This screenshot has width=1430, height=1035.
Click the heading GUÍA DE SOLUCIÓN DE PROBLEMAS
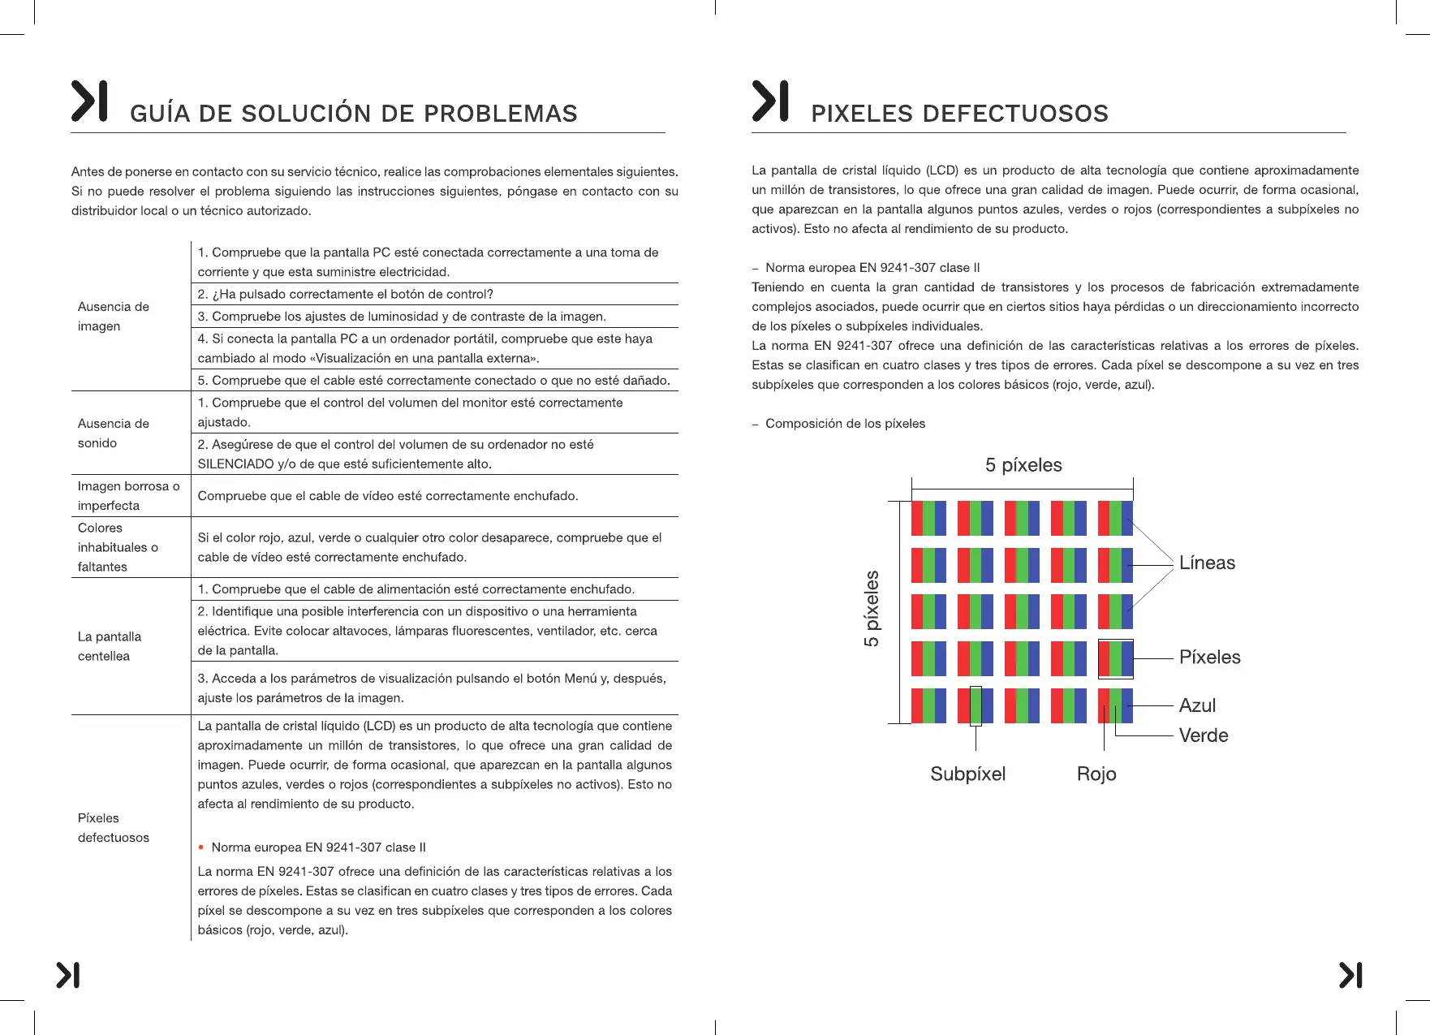point(353,114)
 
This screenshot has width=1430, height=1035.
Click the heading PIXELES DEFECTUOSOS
point(959,114)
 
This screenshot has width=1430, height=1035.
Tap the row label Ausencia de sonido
point(114,433)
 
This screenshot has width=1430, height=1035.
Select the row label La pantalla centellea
point(110,646)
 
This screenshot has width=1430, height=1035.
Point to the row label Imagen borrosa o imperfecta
point(128,496)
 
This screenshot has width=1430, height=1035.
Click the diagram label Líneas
point(1207,563)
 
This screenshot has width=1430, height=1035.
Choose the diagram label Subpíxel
point(967,774)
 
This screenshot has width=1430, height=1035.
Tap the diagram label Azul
point(1197,706)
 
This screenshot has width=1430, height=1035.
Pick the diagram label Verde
point(1203,735)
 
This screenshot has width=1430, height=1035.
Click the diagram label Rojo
point(1096,774)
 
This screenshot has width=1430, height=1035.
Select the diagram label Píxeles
point(1209,658)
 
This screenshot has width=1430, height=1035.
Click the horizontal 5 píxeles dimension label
point(1023,465)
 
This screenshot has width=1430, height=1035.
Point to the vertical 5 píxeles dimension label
point(872,609)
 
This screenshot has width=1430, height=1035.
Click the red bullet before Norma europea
point(201,847)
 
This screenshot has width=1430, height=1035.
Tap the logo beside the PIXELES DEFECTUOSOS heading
point(769,101)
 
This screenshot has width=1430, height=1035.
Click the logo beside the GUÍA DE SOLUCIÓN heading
point(89,101)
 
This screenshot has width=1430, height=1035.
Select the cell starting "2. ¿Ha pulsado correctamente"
point(345,294)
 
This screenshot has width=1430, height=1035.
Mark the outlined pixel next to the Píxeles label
point(1115,659)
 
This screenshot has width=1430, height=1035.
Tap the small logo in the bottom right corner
point(1350,975)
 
